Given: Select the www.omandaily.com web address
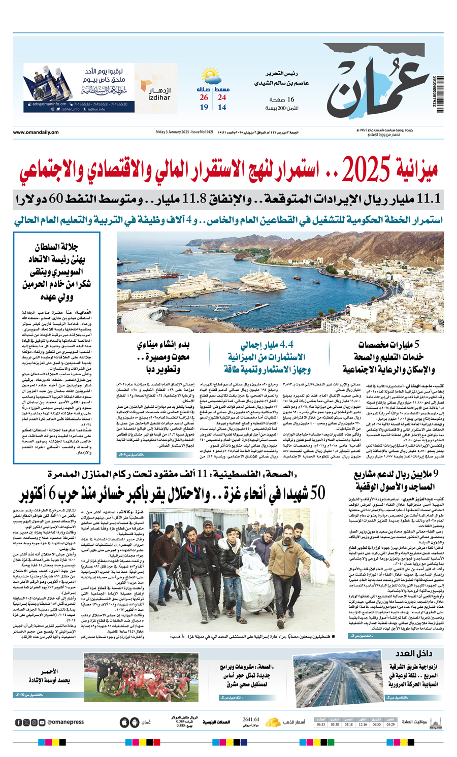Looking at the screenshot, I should [36, 133].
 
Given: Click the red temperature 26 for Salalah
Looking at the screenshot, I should [204, 97].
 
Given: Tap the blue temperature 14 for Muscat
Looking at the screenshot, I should [222, 107].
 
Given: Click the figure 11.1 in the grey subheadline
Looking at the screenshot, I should [429, 199].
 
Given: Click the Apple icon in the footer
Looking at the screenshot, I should [124, 722].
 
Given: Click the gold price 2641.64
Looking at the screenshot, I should [251, 719].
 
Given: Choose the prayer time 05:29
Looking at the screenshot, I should [389, 725].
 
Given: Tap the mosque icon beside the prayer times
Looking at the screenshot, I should [435, 722].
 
